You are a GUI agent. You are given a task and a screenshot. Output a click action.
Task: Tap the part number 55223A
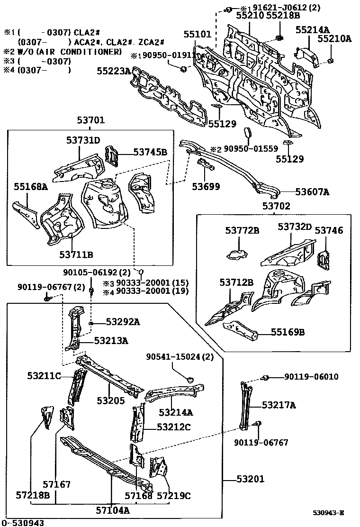114,71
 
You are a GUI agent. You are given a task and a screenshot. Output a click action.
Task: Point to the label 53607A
312,192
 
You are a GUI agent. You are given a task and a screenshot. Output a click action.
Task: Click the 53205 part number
110,400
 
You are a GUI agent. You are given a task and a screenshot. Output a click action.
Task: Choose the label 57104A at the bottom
113,510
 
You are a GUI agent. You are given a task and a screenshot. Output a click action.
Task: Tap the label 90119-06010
311,377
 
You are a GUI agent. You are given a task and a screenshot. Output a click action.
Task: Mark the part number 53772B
242,230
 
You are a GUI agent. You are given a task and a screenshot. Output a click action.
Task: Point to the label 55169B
288,332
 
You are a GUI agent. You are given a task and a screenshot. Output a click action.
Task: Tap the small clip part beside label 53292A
90,323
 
